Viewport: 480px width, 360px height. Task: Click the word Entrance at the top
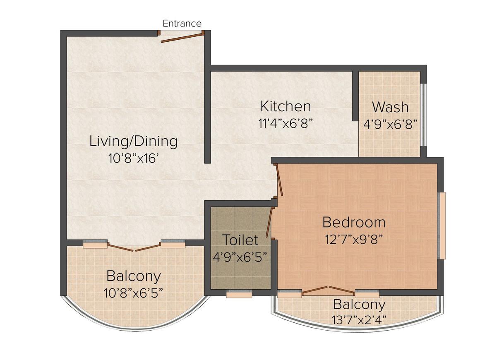pos(182,24)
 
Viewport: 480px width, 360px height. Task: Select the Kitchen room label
pos(285,106)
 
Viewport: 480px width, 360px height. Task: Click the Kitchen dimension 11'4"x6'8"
pos(285,123)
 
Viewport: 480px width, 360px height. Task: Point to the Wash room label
pos(390,107)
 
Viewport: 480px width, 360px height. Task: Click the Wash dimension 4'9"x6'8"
pos(390,124)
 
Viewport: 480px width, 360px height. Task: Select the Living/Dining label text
pos(133,142)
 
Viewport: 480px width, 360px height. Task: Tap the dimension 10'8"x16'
pos(133,158)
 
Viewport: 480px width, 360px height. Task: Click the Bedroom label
pos(354,223)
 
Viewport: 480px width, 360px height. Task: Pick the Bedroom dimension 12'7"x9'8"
pos(354,239)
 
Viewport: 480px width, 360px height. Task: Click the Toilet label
pos(240,240)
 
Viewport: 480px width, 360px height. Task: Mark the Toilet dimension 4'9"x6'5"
pos(240,257)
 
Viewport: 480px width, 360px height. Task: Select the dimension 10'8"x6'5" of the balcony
pos(133,293)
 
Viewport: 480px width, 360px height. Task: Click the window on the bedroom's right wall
pos(442,225)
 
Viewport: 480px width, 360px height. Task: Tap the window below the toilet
pos(239,294)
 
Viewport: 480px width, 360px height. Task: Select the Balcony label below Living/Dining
pos(133,276)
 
